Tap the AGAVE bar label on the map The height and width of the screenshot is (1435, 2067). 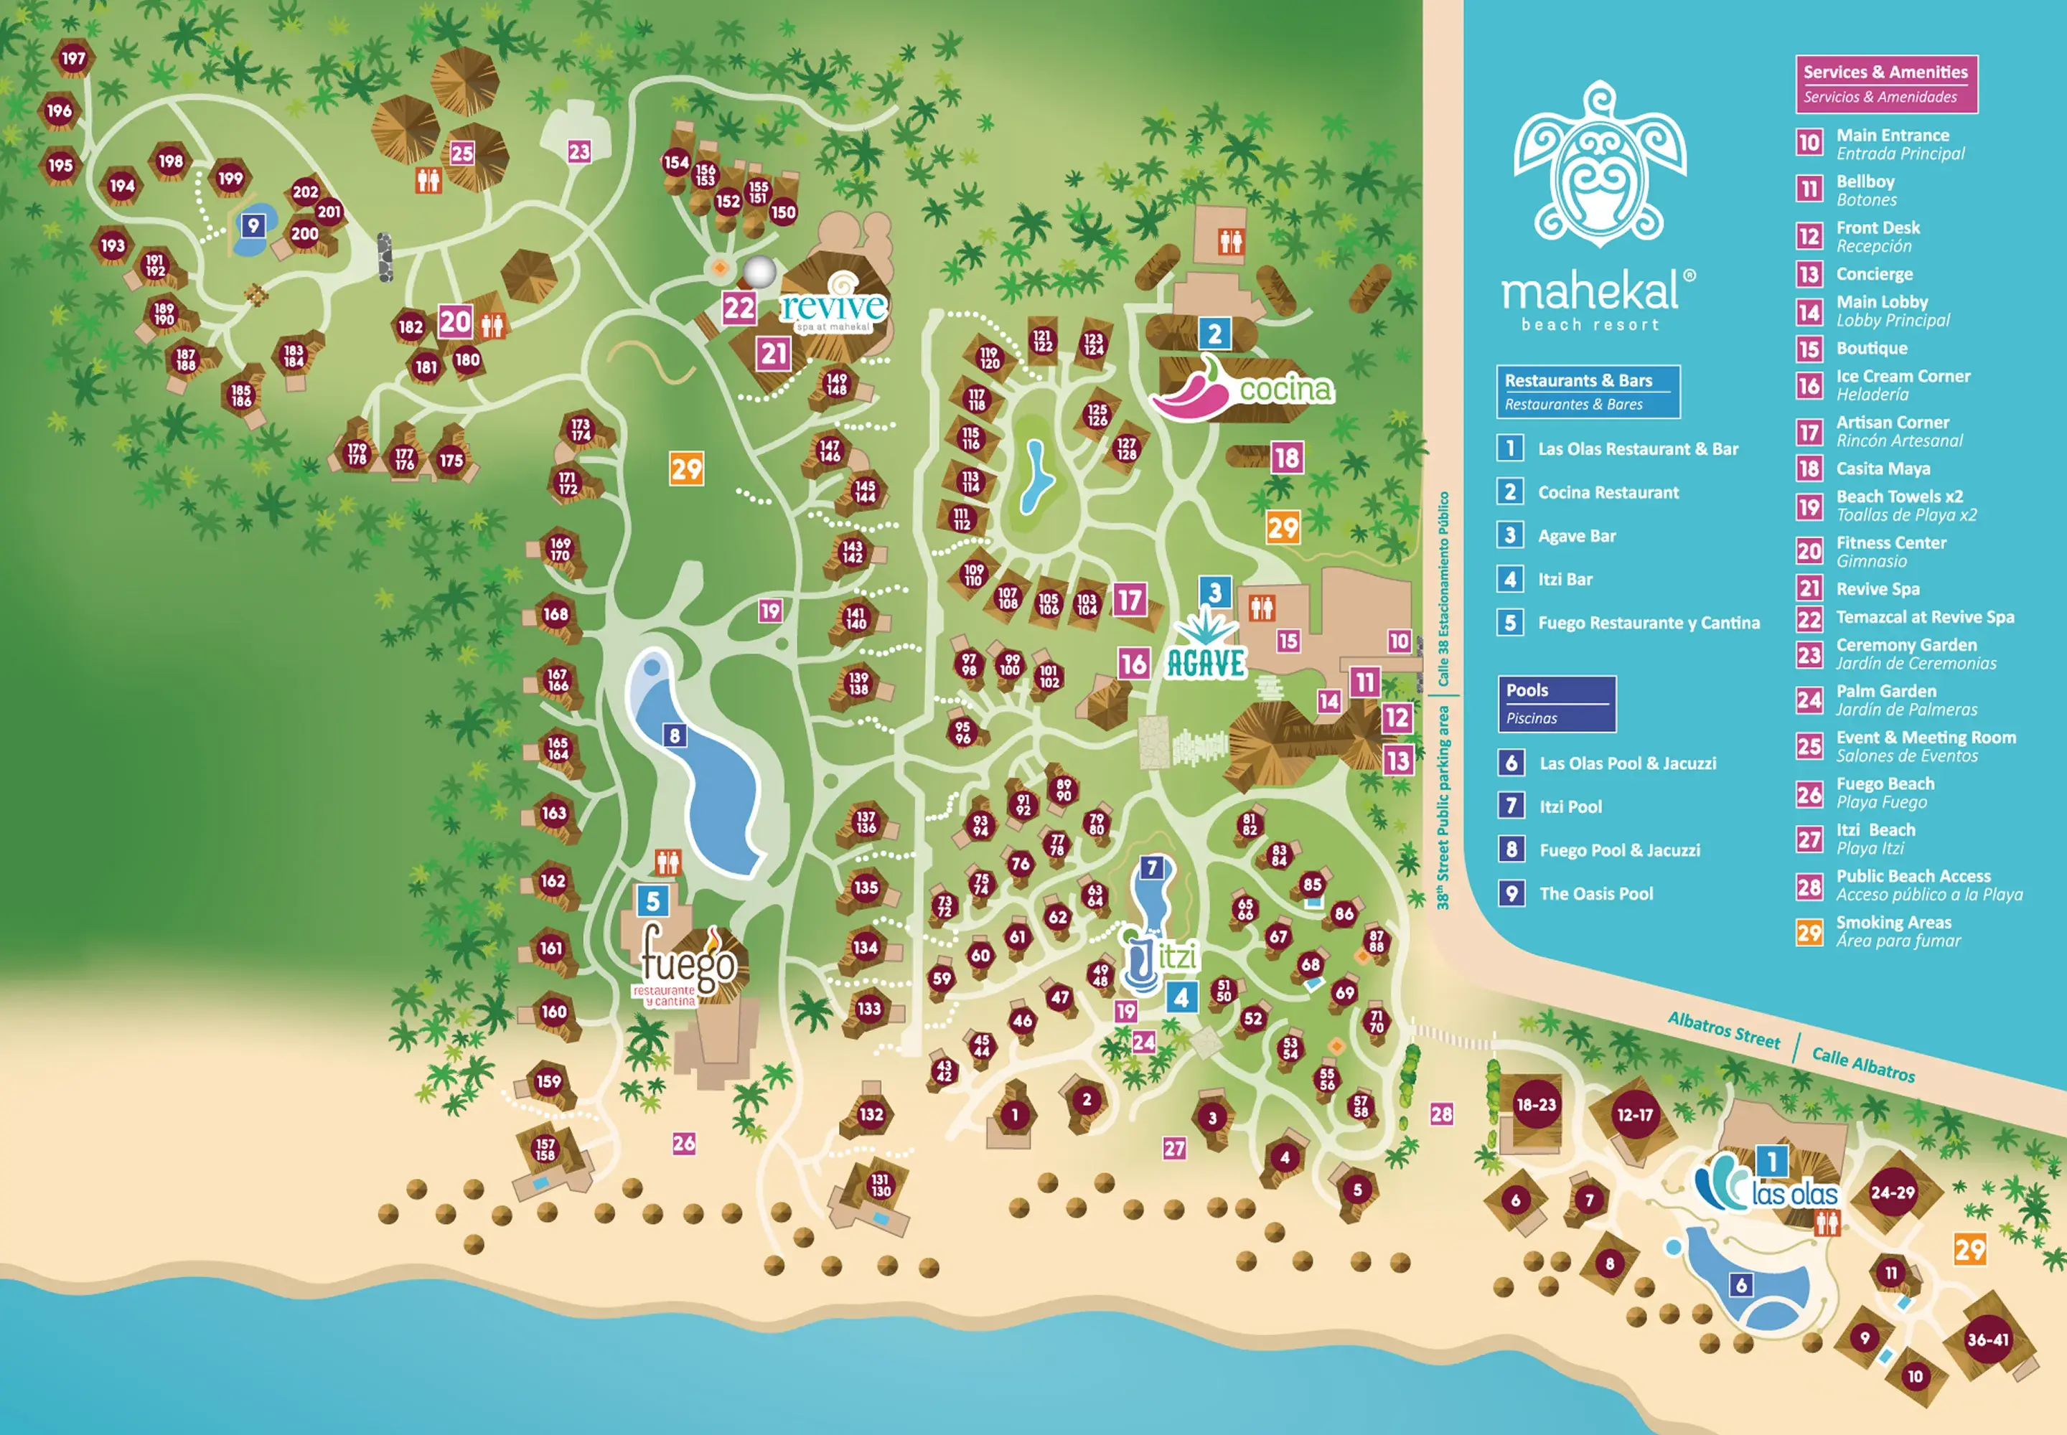(x=1205, y=663)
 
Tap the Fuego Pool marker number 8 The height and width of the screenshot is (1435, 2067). (x=675, y=735)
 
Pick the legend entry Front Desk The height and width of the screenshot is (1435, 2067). (x=1878, y=228)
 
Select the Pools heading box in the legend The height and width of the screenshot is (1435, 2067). (x=1556, y=703)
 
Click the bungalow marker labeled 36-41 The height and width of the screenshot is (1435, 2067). (x=1987, y=1339)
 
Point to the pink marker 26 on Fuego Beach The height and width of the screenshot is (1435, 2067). (x=683, y=1143)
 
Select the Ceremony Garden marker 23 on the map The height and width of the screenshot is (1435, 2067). (x=578, y=151)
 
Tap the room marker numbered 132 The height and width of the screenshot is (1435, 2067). (x=870, y=1114)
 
